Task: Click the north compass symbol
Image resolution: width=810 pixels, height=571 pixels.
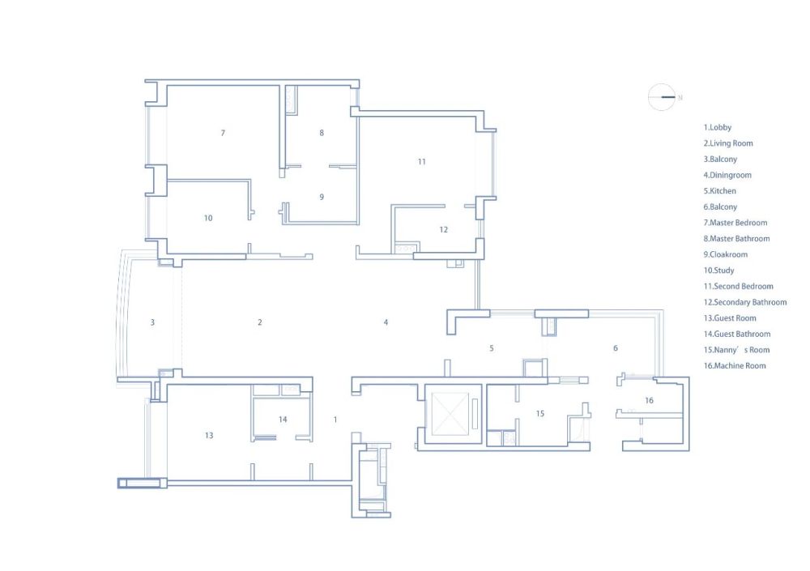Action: [x=662, y=96]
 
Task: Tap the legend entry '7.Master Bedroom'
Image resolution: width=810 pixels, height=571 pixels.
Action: [x=735, y=223]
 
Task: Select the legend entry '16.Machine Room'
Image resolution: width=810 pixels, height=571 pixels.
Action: [x=735, y=366]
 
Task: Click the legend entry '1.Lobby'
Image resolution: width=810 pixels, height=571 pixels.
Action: [x=717, y=127]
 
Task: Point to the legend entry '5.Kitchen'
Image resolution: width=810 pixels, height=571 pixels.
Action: [x=719, y=190]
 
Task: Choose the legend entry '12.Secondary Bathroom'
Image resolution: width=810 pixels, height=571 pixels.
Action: [x=745, y=302]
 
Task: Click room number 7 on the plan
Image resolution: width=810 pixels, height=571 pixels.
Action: [x=224, y=133]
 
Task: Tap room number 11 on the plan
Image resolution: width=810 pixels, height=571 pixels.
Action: [x=421, y=162]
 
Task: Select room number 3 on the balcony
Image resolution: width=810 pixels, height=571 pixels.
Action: [x=152, y=322]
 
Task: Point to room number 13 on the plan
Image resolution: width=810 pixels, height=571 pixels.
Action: [x=209, y=436]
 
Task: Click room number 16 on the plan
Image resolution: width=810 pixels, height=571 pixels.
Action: [x=649, y=400]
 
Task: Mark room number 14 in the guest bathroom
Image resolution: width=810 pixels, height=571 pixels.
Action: [x=283, y=420]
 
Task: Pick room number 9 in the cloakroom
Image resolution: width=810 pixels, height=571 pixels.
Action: [x=322, y=197]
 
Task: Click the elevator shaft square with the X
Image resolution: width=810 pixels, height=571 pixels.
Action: [x=450, y=414]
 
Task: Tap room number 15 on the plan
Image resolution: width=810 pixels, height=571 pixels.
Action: [x=539, y=413]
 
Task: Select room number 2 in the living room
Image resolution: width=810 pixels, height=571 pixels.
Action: [x=260, y=322]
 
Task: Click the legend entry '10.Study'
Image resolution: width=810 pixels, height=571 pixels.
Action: [x=718, y=271]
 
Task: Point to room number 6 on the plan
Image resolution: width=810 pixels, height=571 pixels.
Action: [x=616, y=348]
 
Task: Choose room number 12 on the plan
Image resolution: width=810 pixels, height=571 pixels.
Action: [x=443, y=229]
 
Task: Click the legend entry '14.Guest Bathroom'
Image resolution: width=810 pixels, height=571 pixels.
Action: [x=736, y=334]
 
